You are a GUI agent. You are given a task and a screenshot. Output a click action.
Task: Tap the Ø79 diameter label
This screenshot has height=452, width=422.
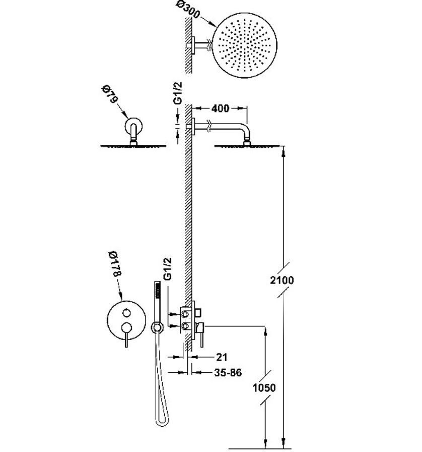[x=110, y=94]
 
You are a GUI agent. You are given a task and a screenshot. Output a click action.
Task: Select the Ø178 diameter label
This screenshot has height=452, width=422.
[x=114, y=263]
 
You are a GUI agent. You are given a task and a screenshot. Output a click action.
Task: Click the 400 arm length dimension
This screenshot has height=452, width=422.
[x=220, y=108]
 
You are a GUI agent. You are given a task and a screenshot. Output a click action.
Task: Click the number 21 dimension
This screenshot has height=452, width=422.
[x=222, y=357]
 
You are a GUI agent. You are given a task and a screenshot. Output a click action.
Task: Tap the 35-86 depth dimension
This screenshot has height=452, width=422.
[x=227, y=373]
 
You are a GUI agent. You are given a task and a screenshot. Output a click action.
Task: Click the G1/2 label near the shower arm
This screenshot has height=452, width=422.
[x=178, y=93]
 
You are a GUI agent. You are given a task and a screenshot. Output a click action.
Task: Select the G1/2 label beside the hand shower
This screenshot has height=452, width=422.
[x=168, y=269]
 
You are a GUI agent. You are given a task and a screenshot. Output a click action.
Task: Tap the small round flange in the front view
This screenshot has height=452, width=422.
[x=133, y=125]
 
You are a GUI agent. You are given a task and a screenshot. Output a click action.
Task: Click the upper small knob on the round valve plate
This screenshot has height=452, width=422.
[x=126, y=312]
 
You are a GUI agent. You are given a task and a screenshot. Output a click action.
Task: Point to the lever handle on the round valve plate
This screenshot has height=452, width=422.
[x=126, y=336]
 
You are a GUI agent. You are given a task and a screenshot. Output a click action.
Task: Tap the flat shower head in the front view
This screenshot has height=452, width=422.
[x=133, y=146]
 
